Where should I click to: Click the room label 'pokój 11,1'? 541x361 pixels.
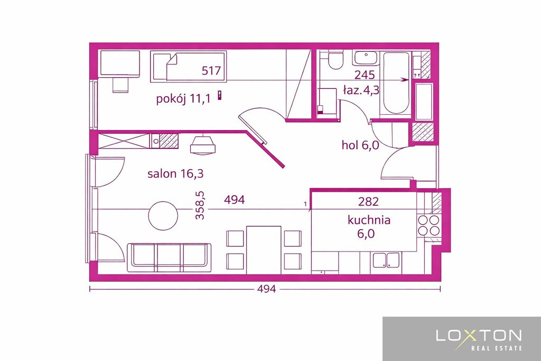click(183, 99)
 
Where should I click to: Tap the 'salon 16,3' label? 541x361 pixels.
click(175, 173)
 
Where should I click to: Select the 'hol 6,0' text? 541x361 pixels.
click(360, 145)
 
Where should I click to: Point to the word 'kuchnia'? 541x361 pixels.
click(369, 220)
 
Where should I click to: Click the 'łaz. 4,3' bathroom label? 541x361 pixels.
click(361, 90)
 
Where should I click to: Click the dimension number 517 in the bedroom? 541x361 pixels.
click(211, 71)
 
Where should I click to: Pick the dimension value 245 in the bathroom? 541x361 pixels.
click(365, 75)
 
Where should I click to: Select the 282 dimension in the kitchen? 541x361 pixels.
click(368, 201)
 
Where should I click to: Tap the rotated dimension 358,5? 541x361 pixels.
click(200, 206)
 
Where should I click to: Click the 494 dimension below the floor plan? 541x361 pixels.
click(267, 289)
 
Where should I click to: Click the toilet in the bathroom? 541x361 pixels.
click(335, 59)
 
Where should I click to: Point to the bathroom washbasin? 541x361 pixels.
click(366, 58)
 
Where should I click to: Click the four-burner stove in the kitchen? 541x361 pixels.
click(428, 225)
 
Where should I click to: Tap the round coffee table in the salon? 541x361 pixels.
click(163, 216)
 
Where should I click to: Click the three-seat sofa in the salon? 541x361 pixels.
click(169, 257)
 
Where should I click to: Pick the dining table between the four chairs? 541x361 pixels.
click(264, 250)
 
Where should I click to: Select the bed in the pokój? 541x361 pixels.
click(189, 67)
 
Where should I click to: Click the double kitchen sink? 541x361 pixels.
click(386, 261)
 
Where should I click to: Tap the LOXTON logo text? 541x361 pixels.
click(479, 335)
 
